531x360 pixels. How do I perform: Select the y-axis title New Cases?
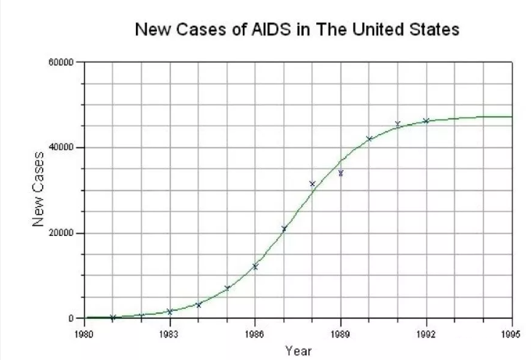tap(37, 189)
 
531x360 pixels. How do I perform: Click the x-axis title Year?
tap(298, 351)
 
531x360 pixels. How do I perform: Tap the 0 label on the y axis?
tap(69, 319)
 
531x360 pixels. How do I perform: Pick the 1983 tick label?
tap(169, 333)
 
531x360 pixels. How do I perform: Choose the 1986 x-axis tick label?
tap(255, 333)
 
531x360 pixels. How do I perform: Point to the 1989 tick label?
tap(340, 333)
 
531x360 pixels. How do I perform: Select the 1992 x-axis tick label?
tap(426, 333)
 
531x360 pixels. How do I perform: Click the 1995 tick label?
tap(511, 333)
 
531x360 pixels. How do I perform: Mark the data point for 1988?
tap(312, 184)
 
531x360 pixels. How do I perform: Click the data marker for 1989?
tap(340, 173)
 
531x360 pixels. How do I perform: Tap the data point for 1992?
tap(426, 121)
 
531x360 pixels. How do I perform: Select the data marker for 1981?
tap(112, 317)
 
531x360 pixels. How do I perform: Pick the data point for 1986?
tap(255, 267)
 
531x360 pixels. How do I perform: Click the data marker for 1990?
tap(369, 139)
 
